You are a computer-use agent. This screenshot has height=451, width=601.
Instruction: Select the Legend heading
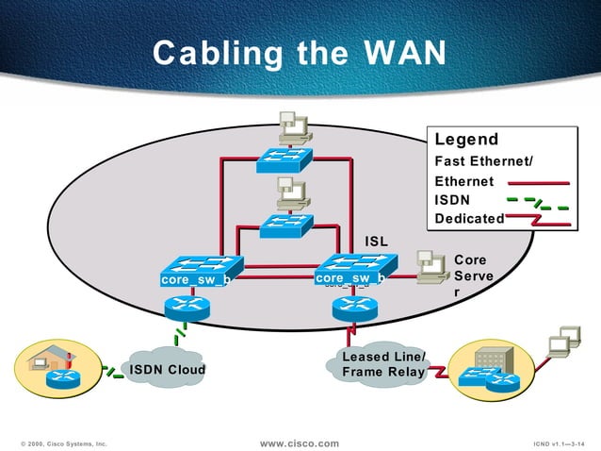click(466, 140)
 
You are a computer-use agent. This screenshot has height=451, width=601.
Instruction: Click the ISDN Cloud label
click(167, 369)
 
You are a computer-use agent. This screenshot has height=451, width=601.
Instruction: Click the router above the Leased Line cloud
click(354, 306)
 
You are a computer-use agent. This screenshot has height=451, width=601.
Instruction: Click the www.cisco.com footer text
click(299, 443)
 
